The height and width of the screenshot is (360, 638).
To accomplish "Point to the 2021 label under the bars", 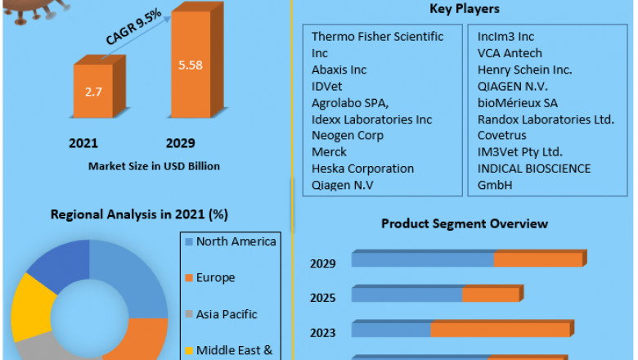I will click(x=83, y=143).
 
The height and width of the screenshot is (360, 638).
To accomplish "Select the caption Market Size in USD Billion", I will click(x=154, y=166).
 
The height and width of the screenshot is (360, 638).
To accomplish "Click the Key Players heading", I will click(x=464, y=9).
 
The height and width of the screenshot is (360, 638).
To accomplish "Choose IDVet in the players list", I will click(x=328, y=86).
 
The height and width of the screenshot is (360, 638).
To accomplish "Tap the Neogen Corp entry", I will click(x=347, y=136).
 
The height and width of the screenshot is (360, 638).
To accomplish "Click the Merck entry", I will click(x=329, y=152).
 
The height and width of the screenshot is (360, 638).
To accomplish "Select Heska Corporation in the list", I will click(x=362, y=169).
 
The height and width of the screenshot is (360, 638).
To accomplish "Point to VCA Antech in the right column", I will click(x=510, y=53).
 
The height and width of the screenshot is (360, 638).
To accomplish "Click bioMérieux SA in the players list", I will click(x=518, y=103).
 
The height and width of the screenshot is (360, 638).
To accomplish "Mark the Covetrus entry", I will click(x=502, y=136).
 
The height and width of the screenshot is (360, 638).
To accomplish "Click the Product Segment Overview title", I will click(x=464, y=223).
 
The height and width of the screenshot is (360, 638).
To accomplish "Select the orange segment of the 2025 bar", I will click(x=492, y=295).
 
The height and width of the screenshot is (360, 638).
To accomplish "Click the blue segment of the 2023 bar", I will click(x=392, y=330).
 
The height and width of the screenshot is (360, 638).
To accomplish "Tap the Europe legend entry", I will click(x=215, y=277).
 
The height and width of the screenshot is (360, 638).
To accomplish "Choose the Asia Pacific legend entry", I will click(x=227, y=314).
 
